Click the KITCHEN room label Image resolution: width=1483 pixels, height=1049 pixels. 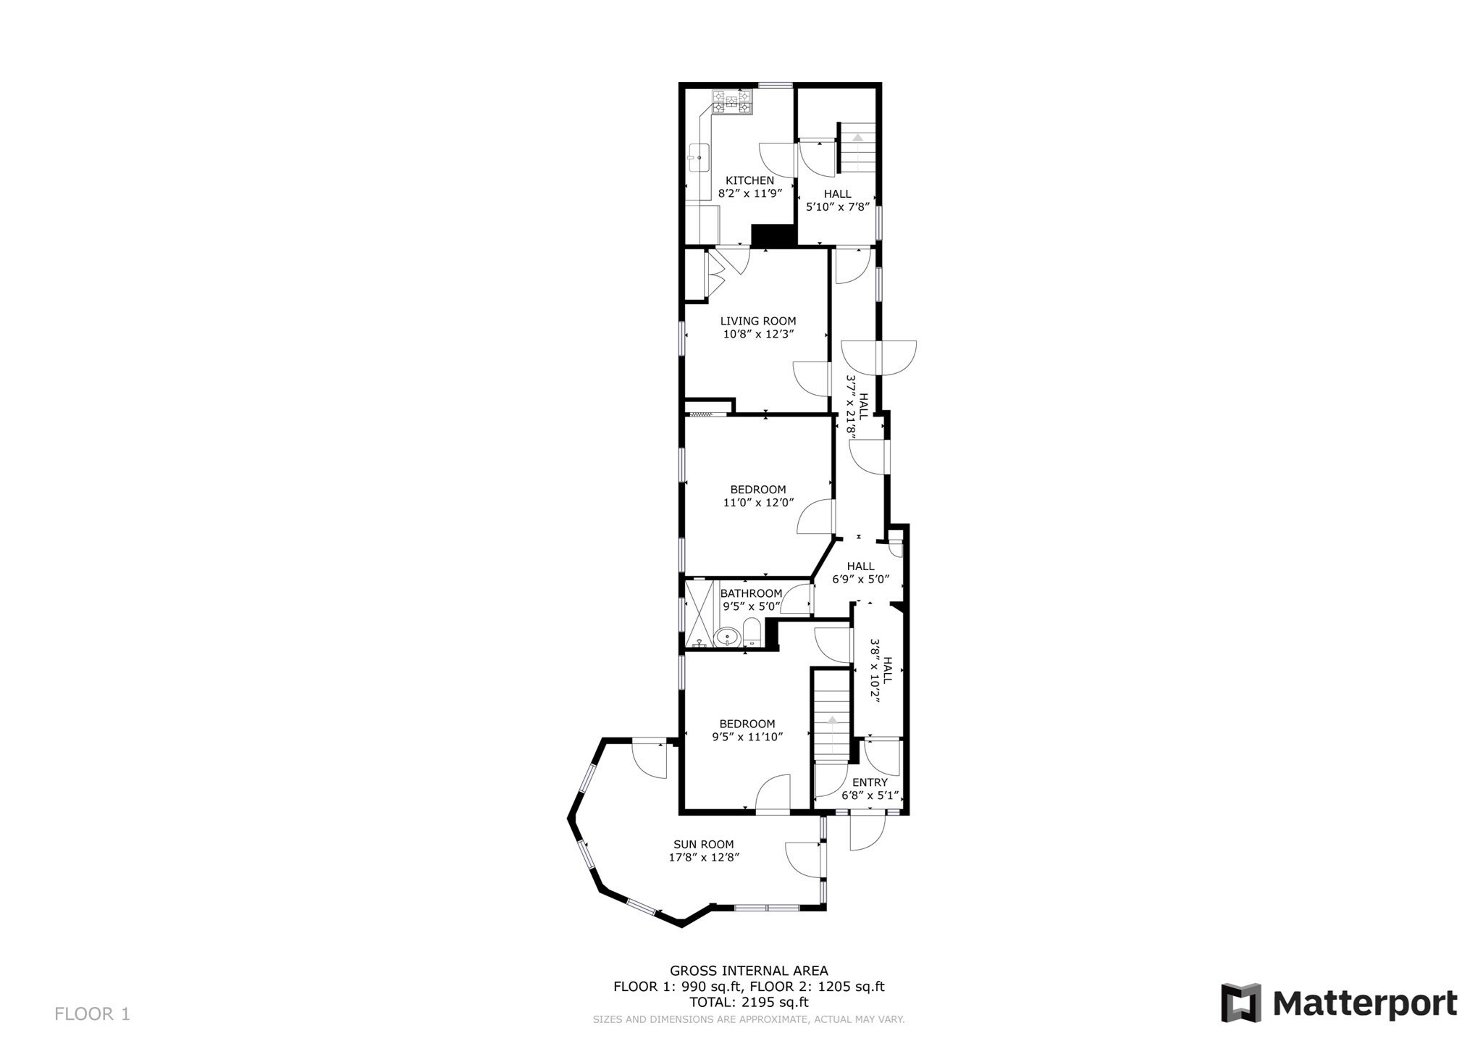coord(749,180)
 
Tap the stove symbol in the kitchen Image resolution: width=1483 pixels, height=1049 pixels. coord(732,101)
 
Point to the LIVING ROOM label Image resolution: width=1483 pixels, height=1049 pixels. coord(757,321)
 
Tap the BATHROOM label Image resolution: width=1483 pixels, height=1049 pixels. coord(751,593)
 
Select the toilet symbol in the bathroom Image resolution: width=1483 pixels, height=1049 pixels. coord(752,632)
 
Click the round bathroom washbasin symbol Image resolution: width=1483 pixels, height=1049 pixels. coord(726,637)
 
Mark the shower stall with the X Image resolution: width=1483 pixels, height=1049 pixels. coord(700,612)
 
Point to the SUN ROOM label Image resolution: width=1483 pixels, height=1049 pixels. coord(703,844)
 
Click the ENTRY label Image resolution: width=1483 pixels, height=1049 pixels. coord(870,782)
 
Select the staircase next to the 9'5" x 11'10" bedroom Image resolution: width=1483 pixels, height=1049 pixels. coord(831,717)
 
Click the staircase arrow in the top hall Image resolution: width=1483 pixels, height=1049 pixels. coord(858,137)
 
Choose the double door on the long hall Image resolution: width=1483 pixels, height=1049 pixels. coord(878,358)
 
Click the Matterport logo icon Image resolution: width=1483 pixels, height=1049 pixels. coord(1241,1003)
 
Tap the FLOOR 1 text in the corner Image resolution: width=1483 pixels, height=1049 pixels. coord(92,1014)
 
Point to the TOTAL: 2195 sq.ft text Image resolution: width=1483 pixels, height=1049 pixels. coord(749,1003)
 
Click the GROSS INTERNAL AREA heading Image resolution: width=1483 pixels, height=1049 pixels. coord(749,971)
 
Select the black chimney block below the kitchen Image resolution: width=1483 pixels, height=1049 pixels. coord(773,236)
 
